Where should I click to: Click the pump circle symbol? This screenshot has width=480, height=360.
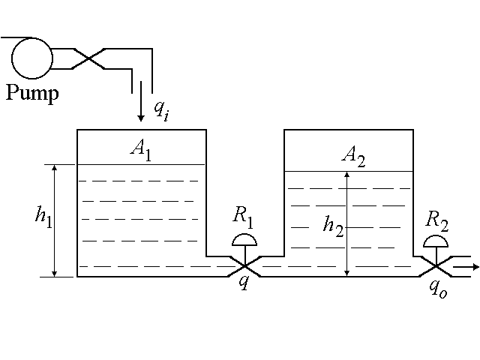tap(32, 57)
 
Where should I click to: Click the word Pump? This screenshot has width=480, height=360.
tap(32, 94)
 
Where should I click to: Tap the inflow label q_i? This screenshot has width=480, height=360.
tap(161, 109)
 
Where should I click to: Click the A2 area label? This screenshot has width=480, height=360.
tap(352, 155)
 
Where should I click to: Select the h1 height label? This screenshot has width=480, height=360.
tap(43, 215)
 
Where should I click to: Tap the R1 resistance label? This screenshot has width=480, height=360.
tap(243, 216)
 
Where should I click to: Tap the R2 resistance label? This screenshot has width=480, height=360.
tap(436, 220)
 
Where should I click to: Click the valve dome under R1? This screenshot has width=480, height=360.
tap(244, 240)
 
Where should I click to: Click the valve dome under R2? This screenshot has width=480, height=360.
tap(436, 242)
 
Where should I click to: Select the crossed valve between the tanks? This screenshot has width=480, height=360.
tap(244, 265)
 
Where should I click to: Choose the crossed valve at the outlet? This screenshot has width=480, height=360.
tap(436, 266)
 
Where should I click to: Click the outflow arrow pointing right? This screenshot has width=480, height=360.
tap(466, 266)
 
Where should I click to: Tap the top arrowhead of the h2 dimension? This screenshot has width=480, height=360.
tap(346, 177)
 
